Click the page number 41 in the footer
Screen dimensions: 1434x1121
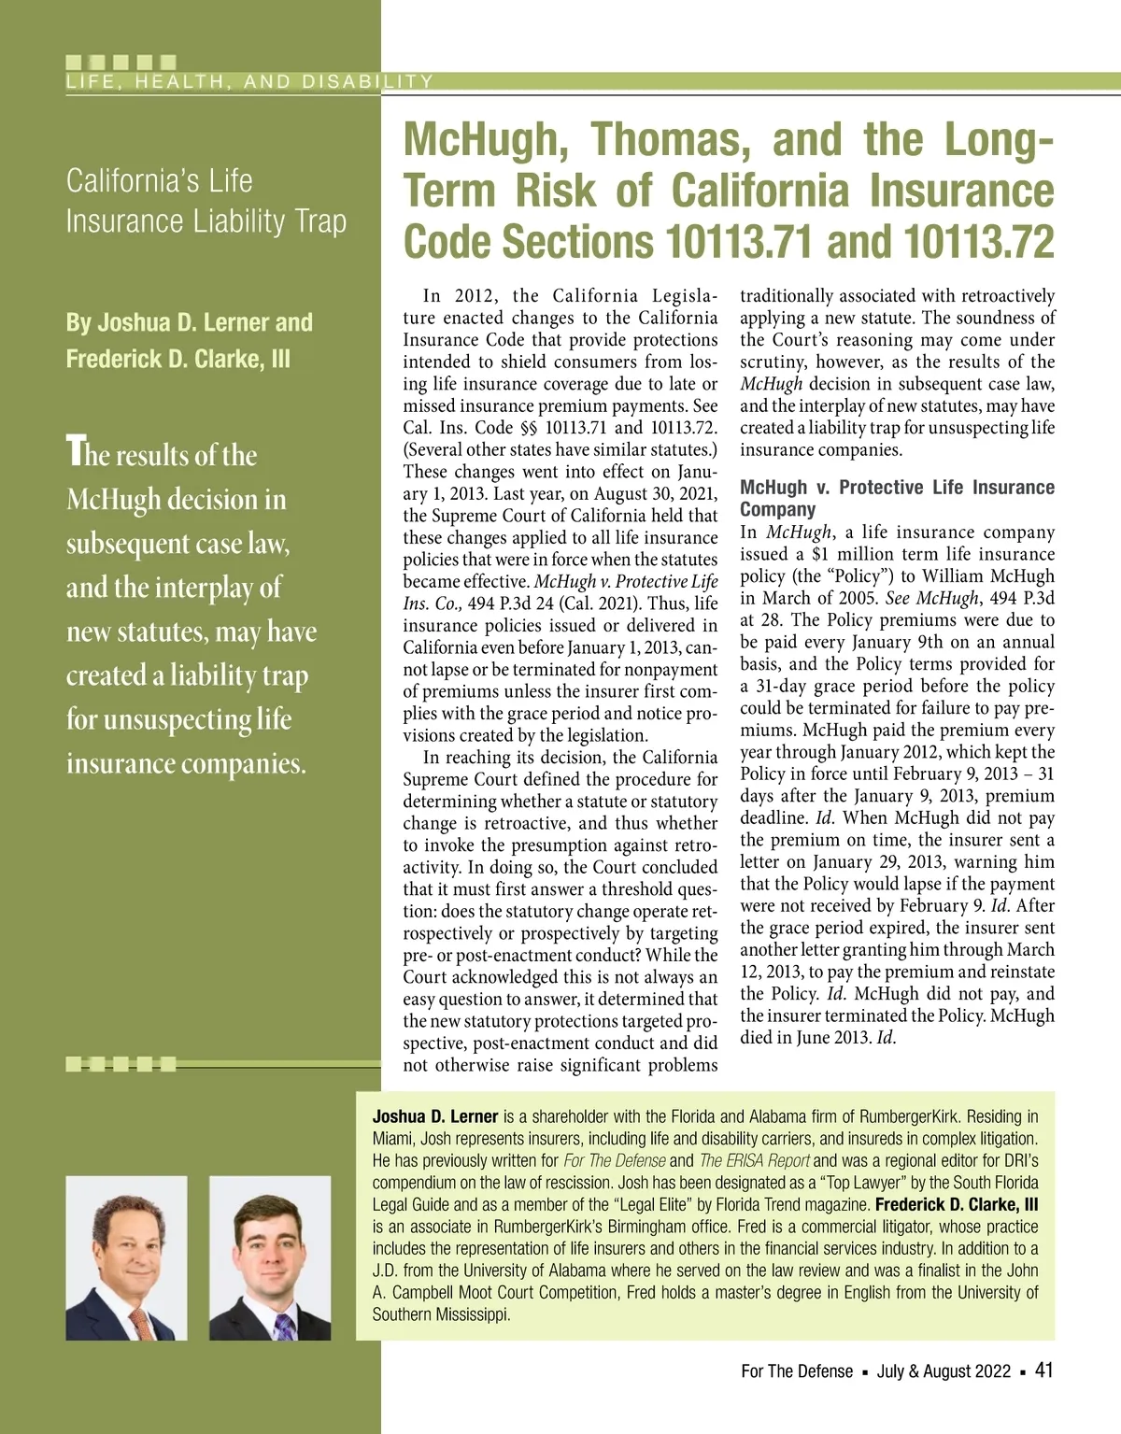[x=1044, y=1370]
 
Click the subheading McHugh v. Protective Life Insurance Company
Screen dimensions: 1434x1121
[x=897, y=498]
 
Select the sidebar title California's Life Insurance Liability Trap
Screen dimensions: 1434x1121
[x=206, y=201]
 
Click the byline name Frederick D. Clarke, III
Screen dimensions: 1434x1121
[x=177, y=360]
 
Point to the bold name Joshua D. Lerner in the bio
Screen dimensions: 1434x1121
[x=435, y=1116]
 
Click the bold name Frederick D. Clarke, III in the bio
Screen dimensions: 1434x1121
[x=957, y=1204]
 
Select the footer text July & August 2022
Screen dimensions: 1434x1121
[x=944, y=1371]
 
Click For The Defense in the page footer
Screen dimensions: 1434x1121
[x=797, y=1371]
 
